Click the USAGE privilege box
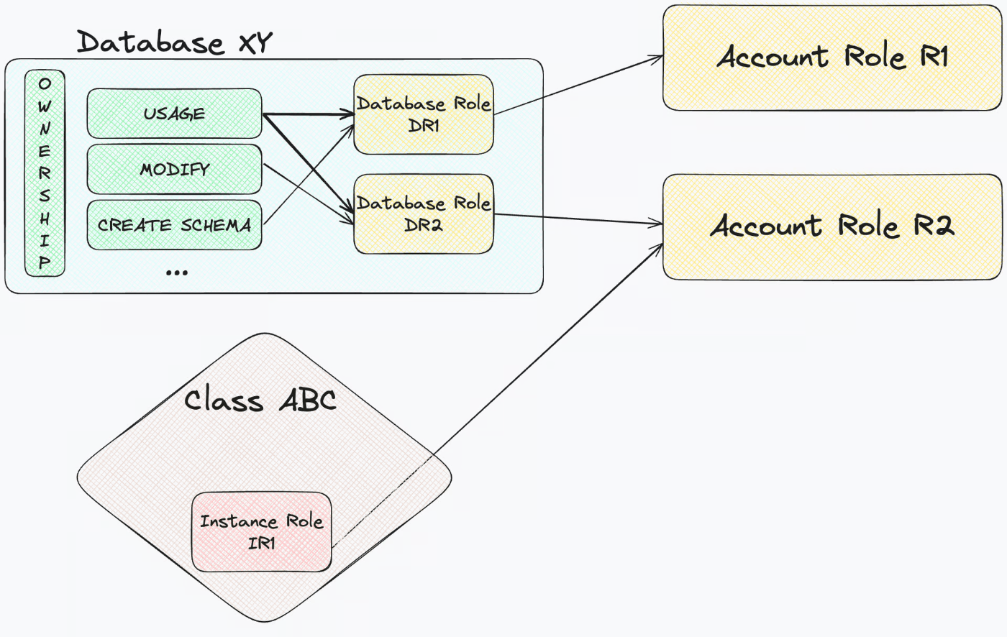[174, 113]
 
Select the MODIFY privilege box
[174, 170]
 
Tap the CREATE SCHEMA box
[174, 224]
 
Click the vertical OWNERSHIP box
[45, 173]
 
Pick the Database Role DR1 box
[424, 114]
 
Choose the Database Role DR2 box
[424, 214]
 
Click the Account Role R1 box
[832, 58]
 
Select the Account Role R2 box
[832, 227]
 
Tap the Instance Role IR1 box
[262, 532]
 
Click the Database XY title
[174, 42]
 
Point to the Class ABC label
[260, 400]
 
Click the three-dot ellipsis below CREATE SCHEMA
[177, 272]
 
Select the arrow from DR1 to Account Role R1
[578, 85]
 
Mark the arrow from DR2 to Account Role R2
[578, 219]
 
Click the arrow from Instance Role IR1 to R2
[497, 395]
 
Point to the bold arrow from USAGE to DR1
[309, 114]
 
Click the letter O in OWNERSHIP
[45, 83]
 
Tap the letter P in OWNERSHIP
[45, 262]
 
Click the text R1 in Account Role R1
[934, 57]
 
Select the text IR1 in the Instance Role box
[262, 543]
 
